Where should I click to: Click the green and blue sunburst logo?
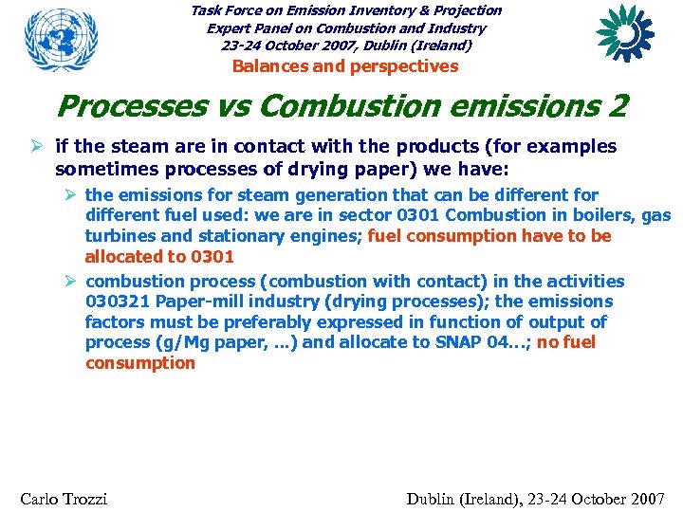pos(625,34)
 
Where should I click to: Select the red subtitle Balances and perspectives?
pos(345,66)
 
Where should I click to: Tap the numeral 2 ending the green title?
pos(618,106)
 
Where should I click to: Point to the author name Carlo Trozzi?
pos(64,499)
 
